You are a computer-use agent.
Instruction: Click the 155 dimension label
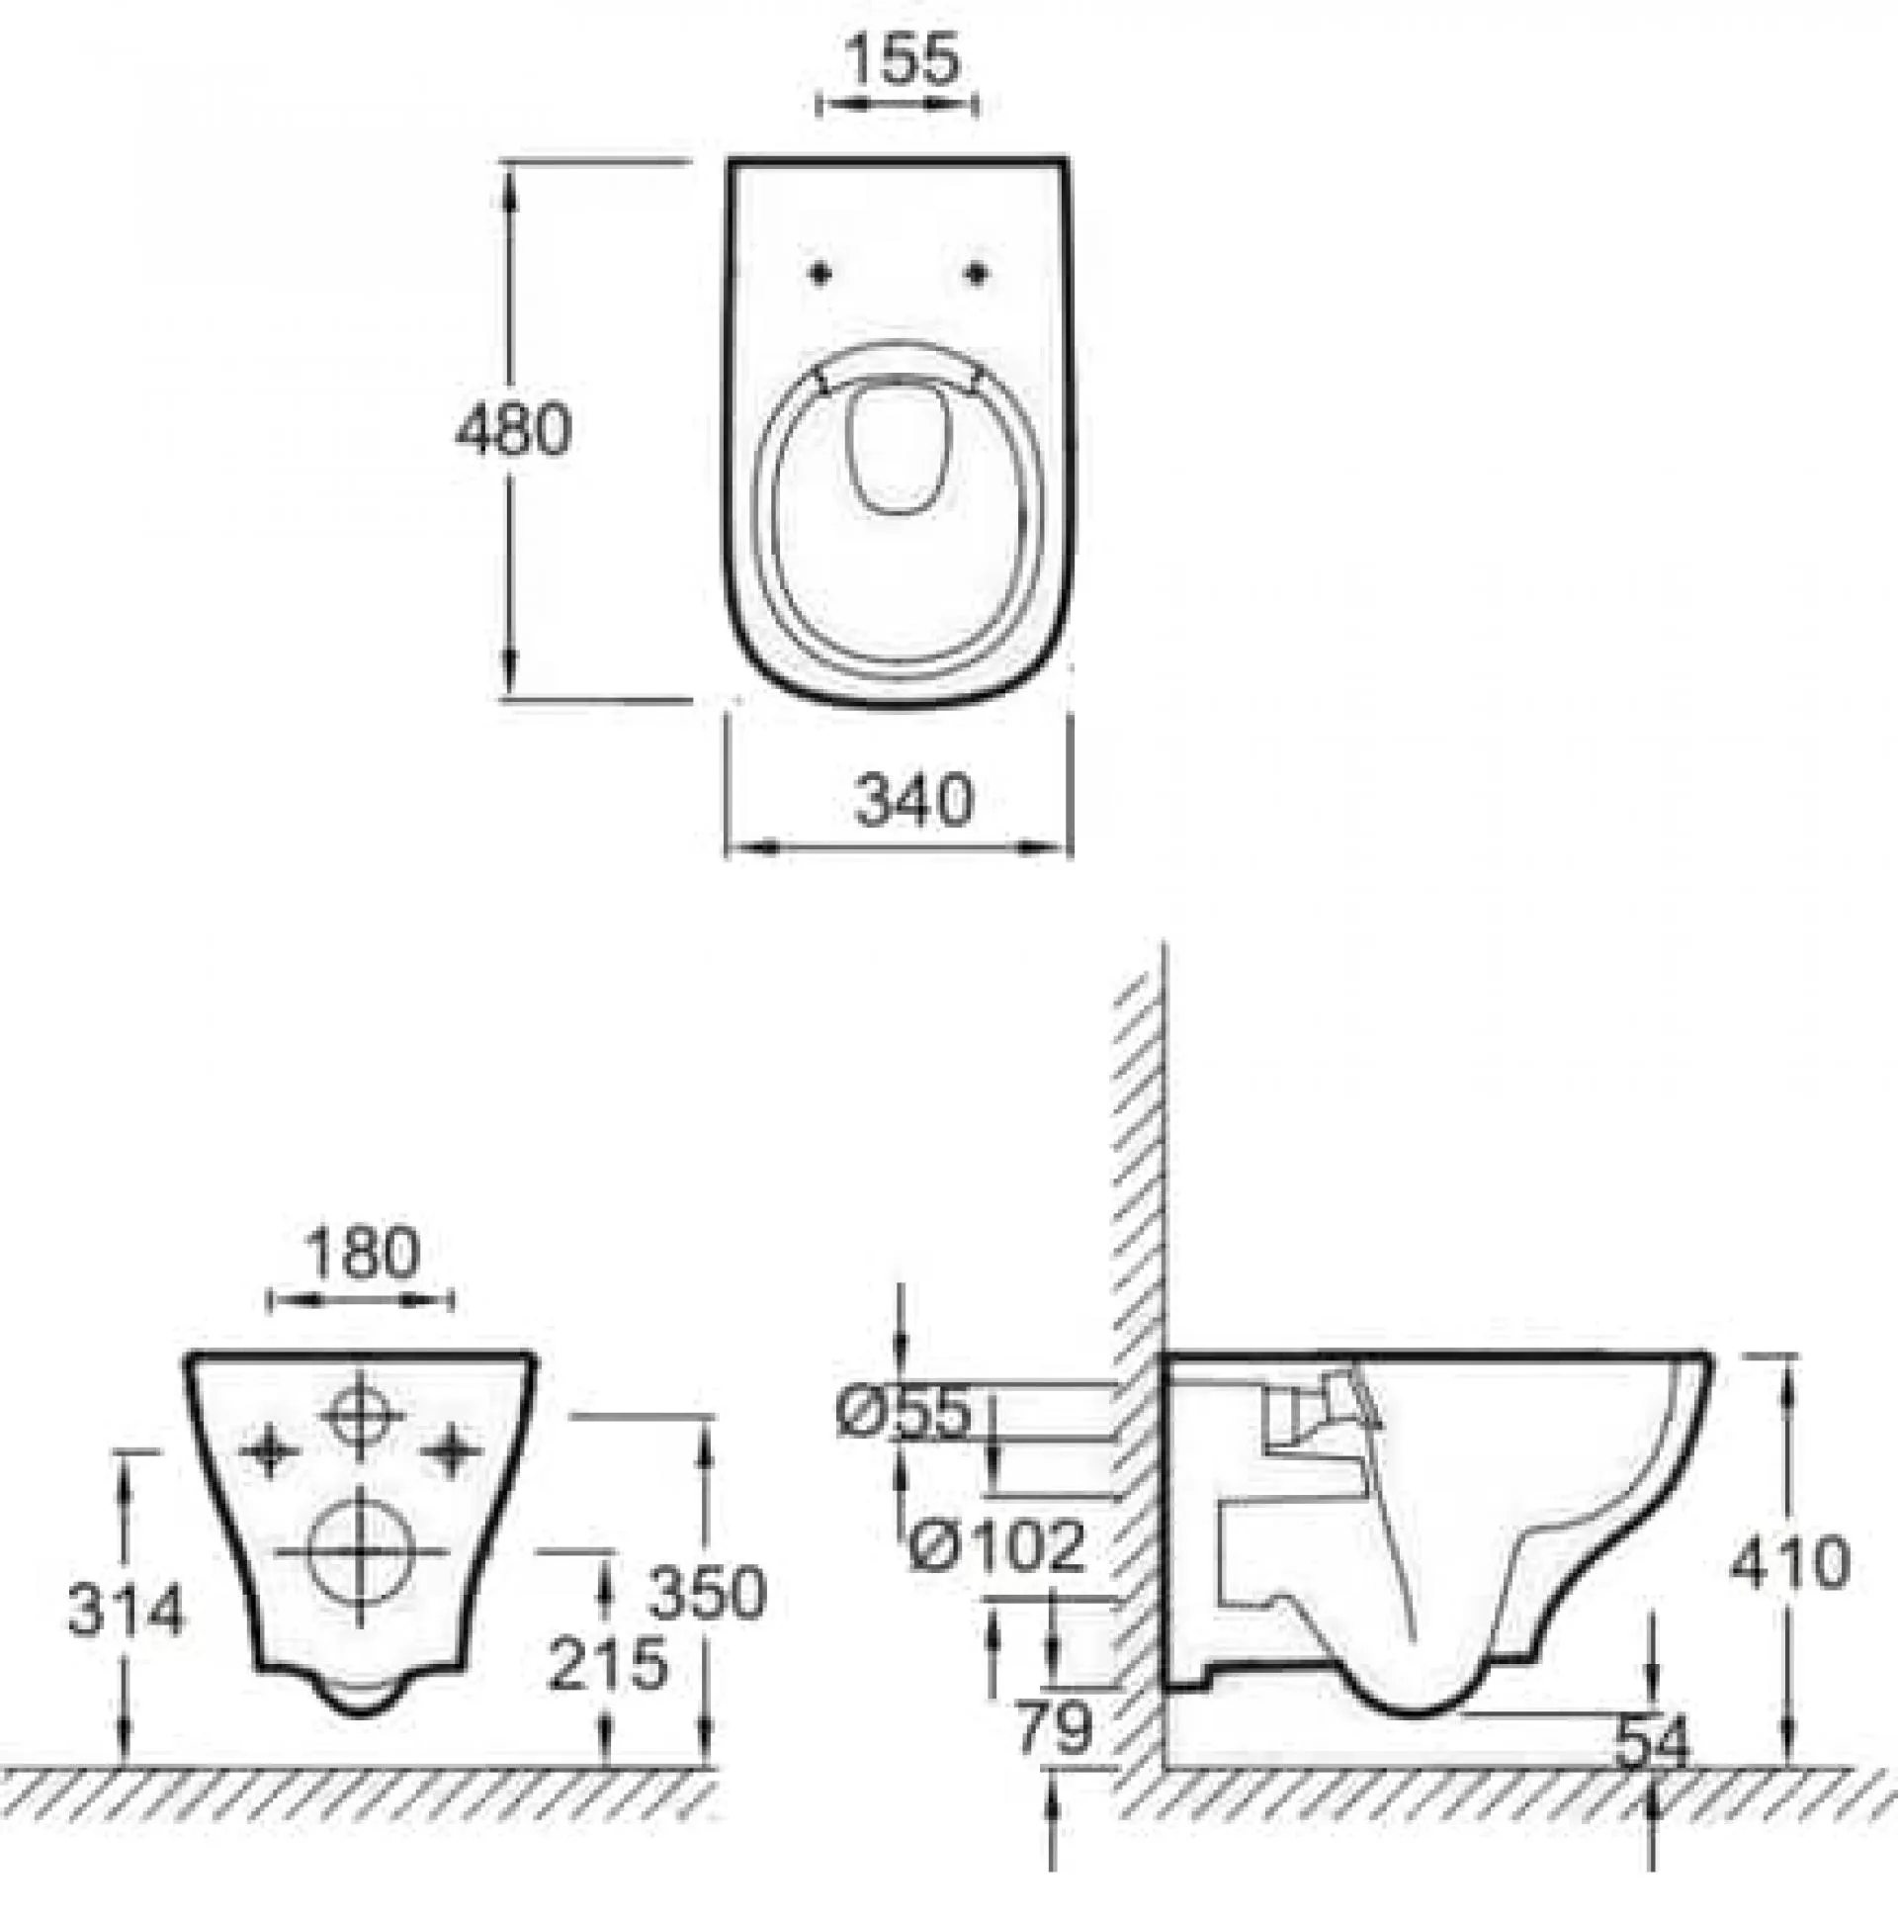click(904, 59)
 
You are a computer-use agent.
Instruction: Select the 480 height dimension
click(513, 430)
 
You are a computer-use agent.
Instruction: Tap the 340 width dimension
click(913, 801)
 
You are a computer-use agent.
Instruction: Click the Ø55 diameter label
click(903, 1413)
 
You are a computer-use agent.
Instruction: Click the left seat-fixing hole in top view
click(820, 272)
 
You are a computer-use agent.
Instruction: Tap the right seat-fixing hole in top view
click(977, 272)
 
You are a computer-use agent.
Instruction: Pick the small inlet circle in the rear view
click(362, 1415)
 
